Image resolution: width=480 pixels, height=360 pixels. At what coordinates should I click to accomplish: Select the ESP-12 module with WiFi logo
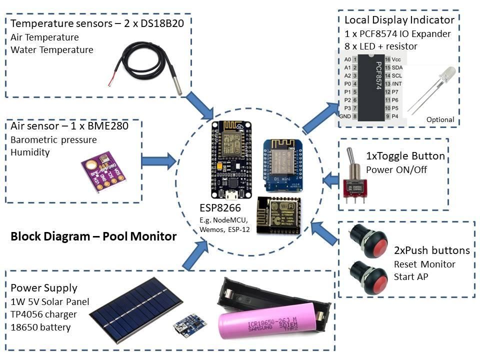pos(279,215)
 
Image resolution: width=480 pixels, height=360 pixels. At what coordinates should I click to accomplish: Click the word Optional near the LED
pos(440,120)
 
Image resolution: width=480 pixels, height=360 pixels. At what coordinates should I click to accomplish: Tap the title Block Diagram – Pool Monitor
pos(93,236)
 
